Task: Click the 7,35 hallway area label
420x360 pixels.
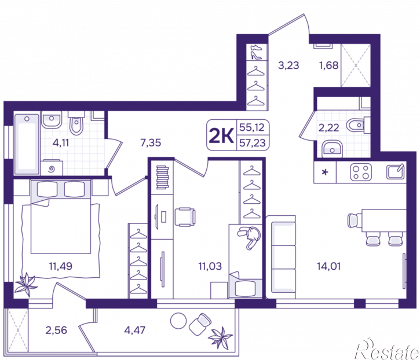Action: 151,142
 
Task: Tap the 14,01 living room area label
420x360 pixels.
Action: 328,266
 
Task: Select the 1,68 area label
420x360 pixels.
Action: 328,65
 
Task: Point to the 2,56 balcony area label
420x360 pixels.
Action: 56,330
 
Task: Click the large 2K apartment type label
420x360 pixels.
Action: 221,135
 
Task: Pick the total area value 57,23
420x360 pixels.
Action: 253,143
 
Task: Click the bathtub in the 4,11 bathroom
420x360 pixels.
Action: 27,144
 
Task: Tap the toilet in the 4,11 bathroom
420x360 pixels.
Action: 76,123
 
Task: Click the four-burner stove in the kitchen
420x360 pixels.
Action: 361,172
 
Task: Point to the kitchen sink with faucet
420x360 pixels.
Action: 395,171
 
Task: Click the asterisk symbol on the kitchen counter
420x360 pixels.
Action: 325,172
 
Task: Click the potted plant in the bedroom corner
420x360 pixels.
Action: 25,285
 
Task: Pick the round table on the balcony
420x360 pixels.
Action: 178,321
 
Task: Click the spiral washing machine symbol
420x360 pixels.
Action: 52,169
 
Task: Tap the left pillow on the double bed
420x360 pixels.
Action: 47,189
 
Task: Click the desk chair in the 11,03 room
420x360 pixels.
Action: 185,217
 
